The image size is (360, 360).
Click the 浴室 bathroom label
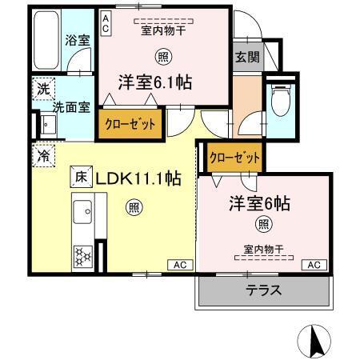tap(77, 39)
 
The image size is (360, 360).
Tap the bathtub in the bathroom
tap(47, 39)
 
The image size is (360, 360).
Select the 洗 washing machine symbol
tap(42, 89)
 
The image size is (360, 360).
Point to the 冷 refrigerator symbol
tap(42, 154)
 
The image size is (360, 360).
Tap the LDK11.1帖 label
tap(138, 178)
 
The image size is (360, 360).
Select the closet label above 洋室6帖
tap(234, 157)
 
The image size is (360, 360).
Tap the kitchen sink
tap(82, 213)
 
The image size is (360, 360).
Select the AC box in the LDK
tap(179, 265)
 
